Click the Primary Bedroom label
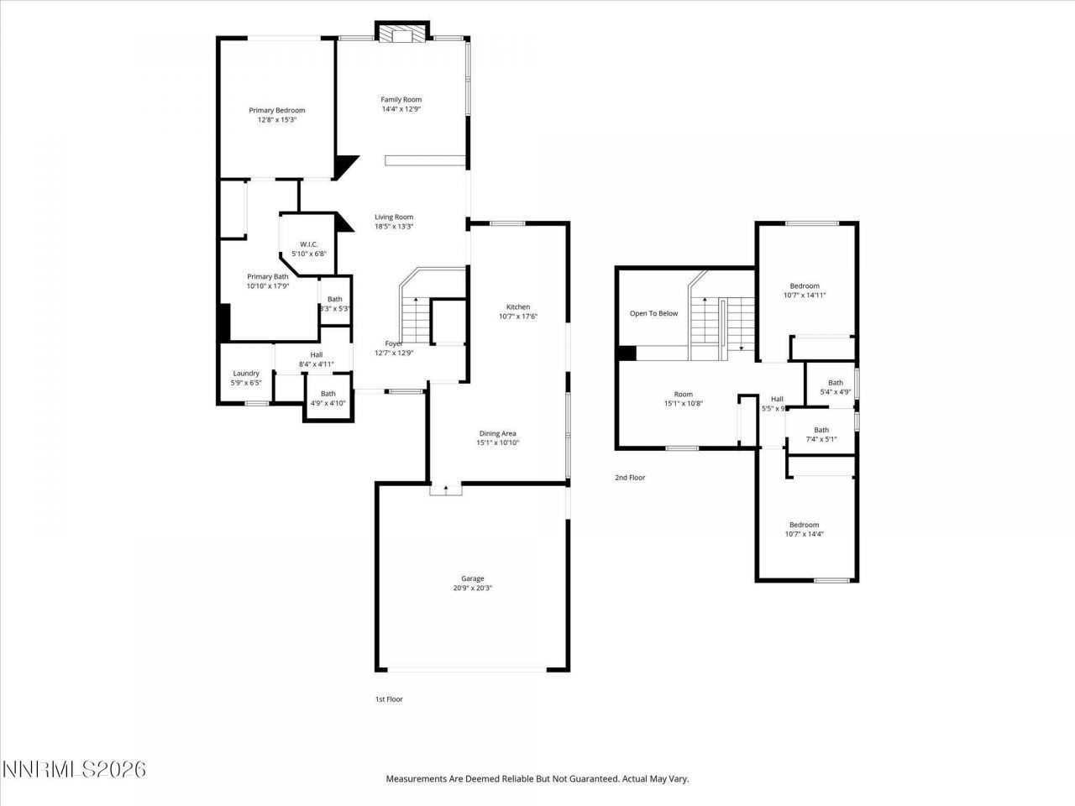click(277, 110)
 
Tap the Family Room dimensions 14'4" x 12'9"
click(401, 109)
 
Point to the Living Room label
click(394, 217)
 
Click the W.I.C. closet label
click(308, 244)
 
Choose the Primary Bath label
click(268, 277)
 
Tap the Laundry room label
click(246, 374)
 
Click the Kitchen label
click(518, 307)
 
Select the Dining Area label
click(498, 433)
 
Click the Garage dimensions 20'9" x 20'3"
click(472, 589)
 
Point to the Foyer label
click(394, 343)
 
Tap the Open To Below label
click(653, 314)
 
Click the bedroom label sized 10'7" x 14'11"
click(801, 286)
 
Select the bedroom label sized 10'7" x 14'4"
click(802, 526)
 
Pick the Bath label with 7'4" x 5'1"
click(821, 431)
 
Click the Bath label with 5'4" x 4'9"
click(836, 383)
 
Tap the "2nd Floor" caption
click(630, 478)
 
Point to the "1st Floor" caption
click(389, 699)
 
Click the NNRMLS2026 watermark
click(74, 769)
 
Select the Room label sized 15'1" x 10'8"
click(684, 395)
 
